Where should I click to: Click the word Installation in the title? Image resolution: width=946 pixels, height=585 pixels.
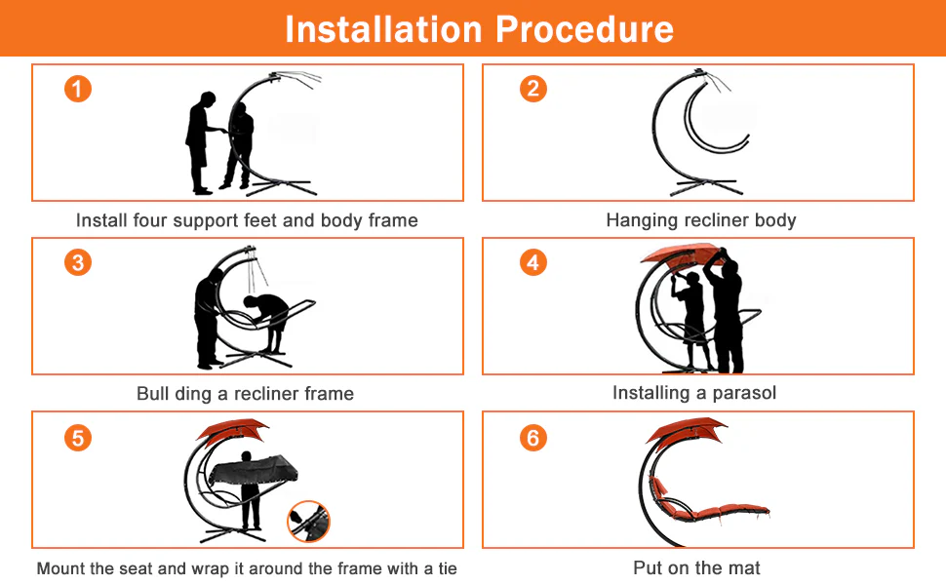[383, 29]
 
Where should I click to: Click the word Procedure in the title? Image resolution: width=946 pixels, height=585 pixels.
[584, 29]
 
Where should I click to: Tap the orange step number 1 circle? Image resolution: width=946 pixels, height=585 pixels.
[78, 89]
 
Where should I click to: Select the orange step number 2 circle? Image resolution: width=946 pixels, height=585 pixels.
[533, 89]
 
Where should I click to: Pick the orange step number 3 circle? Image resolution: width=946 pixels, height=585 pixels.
[78, 262]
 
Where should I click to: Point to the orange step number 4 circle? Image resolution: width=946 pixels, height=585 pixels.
[533, 262]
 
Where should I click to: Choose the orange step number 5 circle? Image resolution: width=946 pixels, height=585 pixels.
[78, 438]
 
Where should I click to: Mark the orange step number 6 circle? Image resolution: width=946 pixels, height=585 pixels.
[533, 438]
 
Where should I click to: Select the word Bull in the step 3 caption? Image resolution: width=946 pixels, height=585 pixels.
[152, 393]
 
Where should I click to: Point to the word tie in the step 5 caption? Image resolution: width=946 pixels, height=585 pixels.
[448, 568]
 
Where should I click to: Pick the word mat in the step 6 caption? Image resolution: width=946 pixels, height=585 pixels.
[746, 567]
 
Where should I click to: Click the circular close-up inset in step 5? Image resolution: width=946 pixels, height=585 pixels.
[309, 522]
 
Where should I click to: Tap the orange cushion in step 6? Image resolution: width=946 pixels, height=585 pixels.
[707, 502]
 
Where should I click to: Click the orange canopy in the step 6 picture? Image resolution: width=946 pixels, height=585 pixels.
[685, 429]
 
